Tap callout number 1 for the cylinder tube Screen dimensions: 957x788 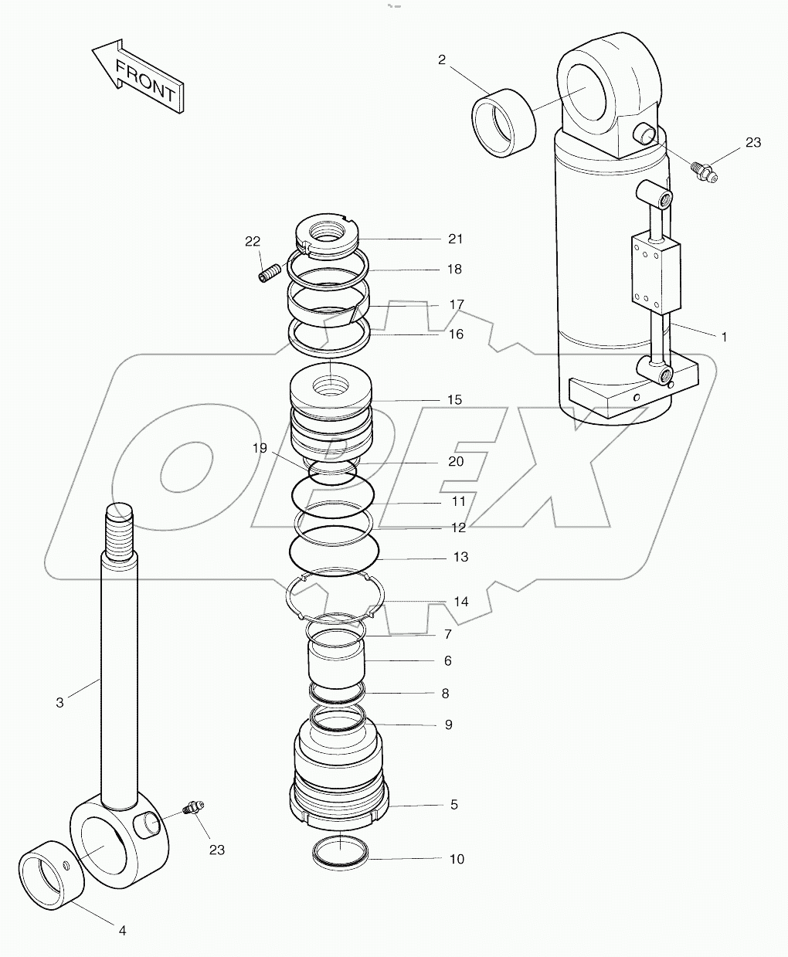tap(724, 337)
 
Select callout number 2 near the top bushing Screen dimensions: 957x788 tap(442, 60)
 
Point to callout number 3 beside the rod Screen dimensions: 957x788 tap(60, 702)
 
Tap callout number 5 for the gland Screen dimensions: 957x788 tap(454, 804)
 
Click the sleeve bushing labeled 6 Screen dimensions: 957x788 tap(337, 663)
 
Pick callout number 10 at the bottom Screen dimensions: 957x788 tap(457, 859)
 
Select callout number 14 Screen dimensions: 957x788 tap(460, 602)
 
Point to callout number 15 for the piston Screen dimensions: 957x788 tap(454, 399)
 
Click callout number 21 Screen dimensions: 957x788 tap(456, 239)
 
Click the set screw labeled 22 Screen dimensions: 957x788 tap(269, 273)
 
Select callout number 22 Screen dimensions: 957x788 tap(253, 241)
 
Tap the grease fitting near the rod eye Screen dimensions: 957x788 tap(191, 809)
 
